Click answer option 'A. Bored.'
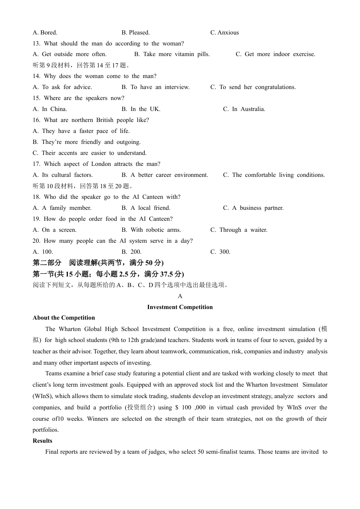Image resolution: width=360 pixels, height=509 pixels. tap(45, 33)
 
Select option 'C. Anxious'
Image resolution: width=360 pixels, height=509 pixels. tap(224, 33)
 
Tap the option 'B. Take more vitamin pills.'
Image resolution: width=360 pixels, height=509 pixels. tap(172, 54)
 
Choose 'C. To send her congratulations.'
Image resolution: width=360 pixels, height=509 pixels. tap(253, 87)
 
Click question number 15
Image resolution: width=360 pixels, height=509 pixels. tap(36, 98)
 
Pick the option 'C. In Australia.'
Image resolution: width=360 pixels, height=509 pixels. tap(244, 109)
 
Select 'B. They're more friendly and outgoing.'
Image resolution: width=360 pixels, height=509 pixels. tap(86, 142)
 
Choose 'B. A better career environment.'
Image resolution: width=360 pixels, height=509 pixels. tap(164, 175)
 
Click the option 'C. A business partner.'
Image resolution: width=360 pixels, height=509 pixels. tap(253, 208)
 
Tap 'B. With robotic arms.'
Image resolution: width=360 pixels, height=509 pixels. tap(151, 230)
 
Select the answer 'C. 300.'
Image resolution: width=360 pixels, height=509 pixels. tap(220, 252)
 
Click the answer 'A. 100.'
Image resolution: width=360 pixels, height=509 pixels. tap(43, 252)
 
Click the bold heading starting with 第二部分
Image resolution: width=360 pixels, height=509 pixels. tap(98, 263)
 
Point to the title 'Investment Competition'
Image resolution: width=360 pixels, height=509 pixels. tap(180, 307)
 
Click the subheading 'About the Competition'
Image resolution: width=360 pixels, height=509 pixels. tap(64, 318)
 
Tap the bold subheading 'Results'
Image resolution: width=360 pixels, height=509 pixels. tap(42, 441)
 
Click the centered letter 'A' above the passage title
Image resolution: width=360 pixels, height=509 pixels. tap(180, 296)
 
